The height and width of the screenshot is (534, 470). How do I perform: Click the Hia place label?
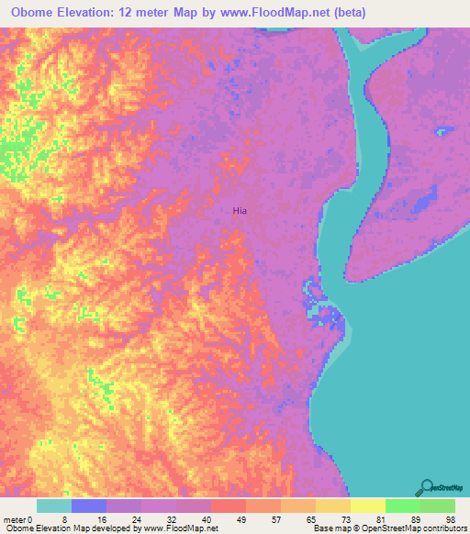click(240, 211)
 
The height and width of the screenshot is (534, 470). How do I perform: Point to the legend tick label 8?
click(70, 519)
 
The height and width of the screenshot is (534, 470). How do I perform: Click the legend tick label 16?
click(106, 519)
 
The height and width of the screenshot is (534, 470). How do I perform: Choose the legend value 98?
click(449, 519)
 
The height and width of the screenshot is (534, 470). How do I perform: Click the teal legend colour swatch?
click(53, 506)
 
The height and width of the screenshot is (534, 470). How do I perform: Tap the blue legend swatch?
click(88, 506)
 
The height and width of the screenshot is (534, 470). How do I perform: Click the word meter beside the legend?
click(16, 519)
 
